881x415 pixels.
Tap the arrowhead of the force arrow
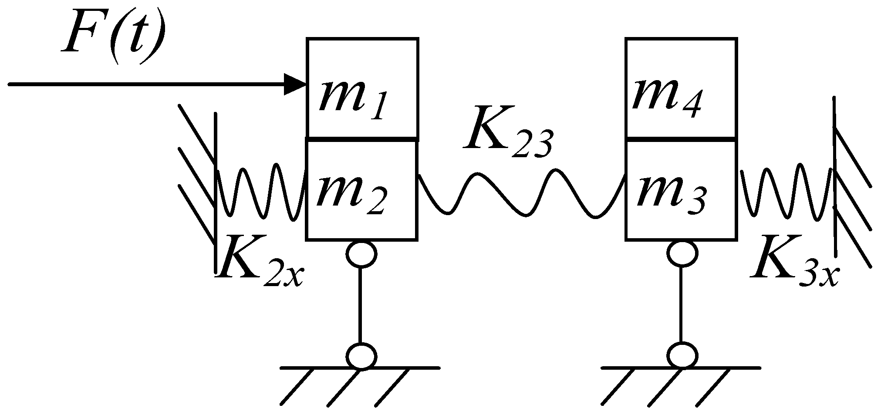(295, 84)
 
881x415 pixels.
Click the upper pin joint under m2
(361, 253)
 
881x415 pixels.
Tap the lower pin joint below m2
(361, 356)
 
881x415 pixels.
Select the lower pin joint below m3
(682, 356)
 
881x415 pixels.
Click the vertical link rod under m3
(682, 305)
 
